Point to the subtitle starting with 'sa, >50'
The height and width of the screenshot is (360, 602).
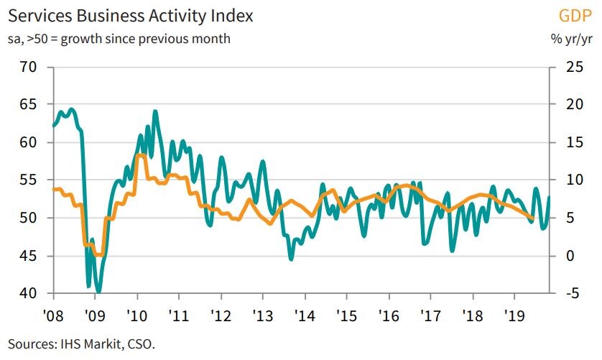tap(119, 38)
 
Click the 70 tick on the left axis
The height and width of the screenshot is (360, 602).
tap(29, 67)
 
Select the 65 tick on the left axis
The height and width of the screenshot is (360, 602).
tap(29, 105)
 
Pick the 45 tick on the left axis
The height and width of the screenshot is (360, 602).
tap(29, 256)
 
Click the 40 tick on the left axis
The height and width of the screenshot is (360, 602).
tap(29, 294)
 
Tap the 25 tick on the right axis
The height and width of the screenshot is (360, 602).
tap(565, 67)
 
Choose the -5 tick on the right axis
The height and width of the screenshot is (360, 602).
tap(565, 294)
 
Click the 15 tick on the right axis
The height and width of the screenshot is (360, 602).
tap(565, 142)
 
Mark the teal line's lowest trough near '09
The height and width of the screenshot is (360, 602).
tap(98, 291)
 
